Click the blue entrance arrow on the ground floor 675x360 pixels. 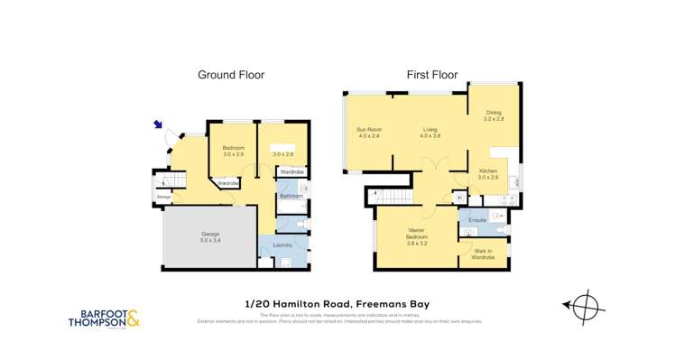(x=160, y=126)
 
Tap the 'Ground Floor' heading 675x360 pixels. (x=231, y=75)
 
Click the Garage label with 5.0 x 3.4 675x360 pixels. (x=209, y=238)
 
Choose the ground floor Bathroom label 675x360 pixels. (x=291, y=195)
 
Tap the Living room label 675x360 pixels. (x=430, y=133)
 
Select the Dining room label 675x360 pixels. (x=493, y=115)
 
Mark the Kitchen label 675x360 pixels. (x=487, y=174)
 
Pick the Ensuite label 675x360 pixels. (x=477, y=219)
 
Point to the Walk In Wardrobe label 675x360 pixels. (x=483, y=254)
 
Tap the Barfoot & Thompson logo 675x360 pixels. (x=104, y=318)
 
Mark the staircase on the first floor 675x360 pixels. (x=394, y=196)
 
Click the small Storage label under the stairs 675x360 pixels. (x=164, y=196)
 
